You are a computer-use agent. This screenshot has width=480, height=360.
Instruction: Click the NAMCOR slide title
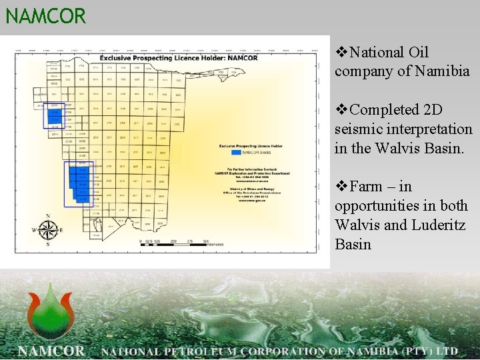tap(46, 15)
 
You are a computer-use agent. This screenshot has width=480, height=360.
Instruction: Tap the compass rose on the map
tap(48, 230)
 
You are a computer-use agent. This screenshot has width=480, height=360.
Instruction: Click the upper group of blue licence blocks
tap(53, 117)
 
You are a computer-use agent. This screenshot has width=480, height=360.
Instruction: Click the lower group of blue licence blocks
tap(77, 185)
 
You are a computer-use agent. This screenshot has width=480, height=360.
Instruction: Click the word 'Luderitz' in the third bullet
tap(441, 225)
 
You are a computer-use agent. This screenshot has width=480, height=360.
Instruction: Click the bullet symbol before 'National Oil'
tap(341, 52)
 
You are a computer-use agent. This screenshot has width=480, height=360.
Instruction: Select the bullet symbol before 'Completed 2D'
tap(341, 109)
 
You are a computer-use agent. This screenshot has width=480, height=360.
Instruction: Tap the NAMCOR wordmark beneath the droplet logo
tap(52, 350)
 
